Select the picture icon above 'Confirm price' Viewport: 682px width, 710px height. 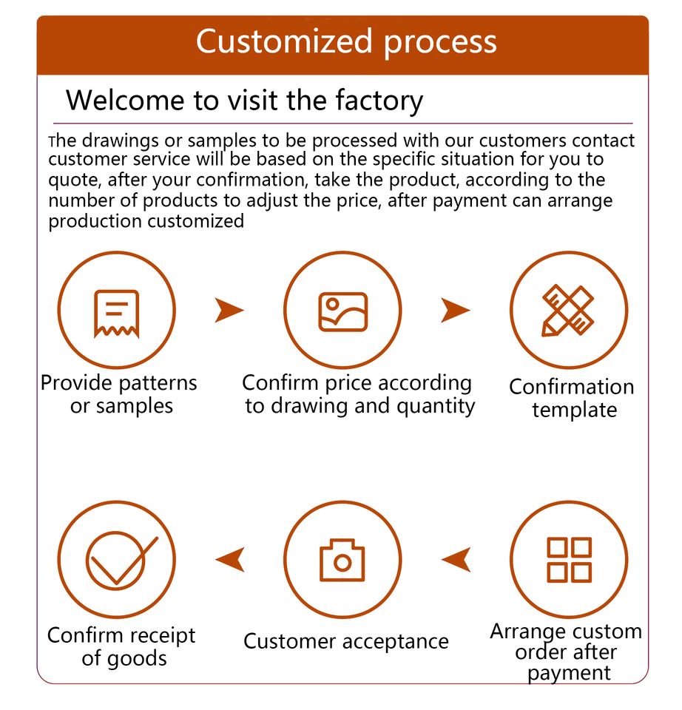click(342, 311)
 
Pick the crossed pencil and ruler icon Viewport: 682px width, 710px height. click(568, 311)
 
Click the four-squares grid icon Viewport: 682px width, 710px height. click(568, 560)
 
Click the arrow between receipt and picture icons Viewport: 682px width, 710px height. click(229, 311)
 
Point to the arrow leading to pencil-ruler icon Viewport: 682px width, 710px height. click(455, 311)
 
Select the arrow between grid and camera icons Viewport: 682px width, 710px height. click(456, 560)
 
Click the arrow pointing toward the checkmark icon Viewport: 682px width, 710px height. click(230, 560)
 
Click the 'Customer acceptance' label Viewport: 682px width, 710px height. click(346, 640)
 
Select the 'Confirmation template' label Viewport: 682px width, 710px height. click(572, 398)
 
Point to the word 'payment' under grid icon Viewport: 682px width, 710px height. click(570, 673)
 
